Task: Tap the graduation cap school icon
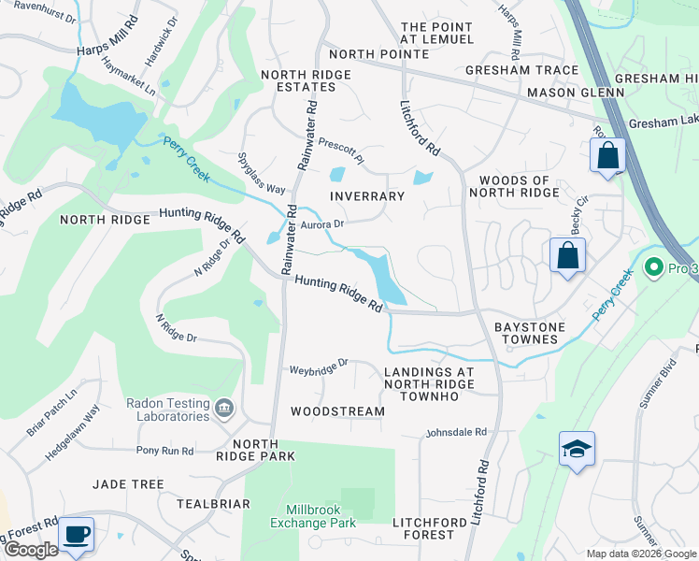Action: [x=577, y=450]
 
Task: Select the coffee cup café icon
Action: [x=76, y=534]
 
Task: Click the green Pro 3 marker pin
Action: [x=654, y=268]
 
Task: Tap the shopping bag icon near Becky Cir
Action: [x=567, y=254]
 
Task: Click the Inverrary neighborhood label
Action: [x=367, y=196]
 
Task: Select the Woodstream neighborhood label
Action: [x=337, y=411]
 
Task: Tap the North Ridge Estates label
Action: [x=306, y=80]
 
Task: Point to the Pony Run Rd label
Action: [x=164, y=451]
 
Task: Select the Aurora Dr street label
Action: [x=322, y=224]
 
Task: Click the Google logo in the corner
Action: [x=31, y=551]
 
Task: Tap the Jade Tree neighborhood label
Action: [x=128, y=484]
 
